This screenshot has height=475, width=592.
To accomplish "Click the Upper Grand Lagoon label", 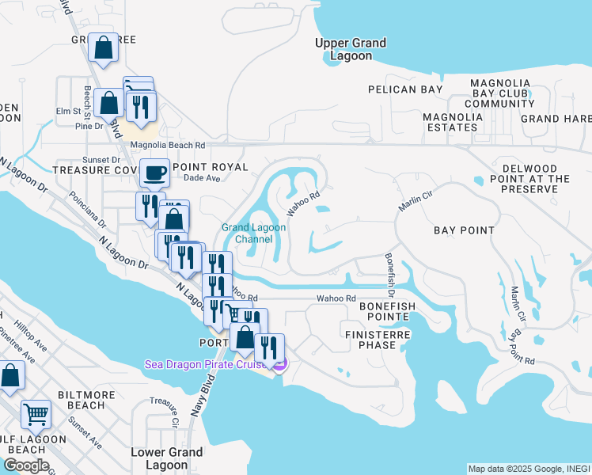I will pyautogui.click(x=350, y=49).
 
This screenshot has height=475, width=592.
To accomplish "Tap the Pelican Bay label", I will pyautogui.click(x=410, y=89).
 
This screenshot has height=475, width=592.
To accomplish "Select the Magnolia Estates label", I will pyautogui.click(x=453, y=123).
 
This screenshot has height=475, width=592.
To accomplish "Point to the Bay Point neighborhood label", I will pyautogui.click(x=464, y=230).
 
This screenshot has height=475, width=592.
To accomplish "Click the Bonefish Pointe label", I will pyautogui.click(x=384, y=310).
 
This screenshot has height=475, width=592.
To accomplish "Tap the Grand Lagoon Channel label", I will pyautogui.click(x=253, y=233).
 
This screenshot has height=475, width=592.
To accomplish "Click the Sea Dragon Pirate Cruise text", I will pyautogui.click(x=207, y=364).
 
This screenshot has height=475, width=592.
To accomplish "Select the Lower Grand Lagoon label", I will pyautogui.click(x=166, y=458).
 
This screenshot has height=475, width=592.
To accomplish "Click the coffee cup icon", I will pyautogui.click(x=154, y=171).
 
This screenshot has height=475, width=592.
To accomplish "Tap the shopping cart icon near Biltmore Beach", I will pyautogui.click(x=36, y=412).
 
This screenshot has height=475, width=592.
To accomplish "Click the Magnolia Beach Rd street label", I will pyautogui.click(x=168, y=146).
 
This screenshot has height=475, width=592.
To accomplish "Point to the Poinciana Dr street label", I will pyautogui.click(x=87, y=211).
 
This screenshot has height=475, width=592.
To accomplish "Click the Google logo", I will pyautogui.click(x=26, y=465).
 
